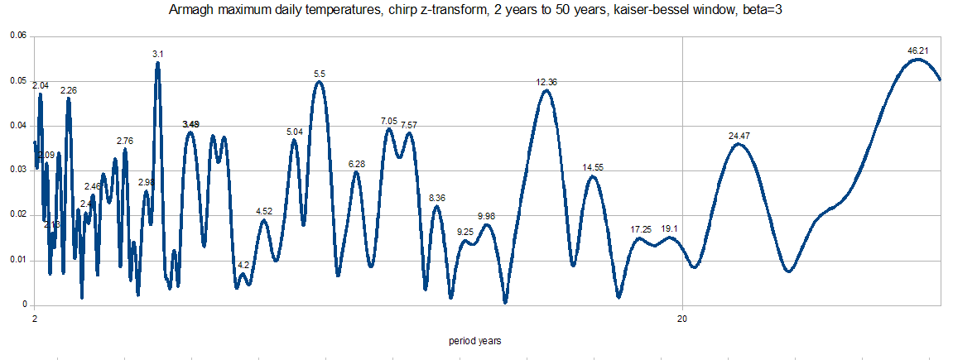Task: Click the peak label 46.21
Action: pyautogui.click(x=917, y=50)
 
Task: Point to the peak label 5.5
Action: pyautogui.click(x=320, y=74)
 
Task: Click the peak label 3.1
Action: pyautogui.click(x=157, y=54)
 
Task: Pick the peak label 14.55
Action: pyautogui.click(x=593, y=167)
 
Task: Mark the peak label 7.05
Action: pyautogui.click(x=389, y=121)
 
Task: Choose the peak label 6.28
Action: pyautogui.click(x=357, y=164)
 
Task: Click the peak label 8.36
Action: pyautogui.click(x=437, y=198)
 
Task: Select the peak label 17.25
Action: pyautogui.click(x=641, y=229)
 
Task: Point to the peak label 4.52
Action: pyautogui.click(x=264, y=212)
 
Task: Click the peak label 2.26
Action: pyautogui.click(x=69, y=90)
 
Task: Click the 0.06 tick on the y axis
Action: pyautogui.click(x=17, y=36)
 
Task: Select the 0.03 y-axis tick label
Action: pyautogui.click(x=17, y=170)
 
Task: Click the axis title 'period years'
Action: pyautogui.click(x=475, y=341)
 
